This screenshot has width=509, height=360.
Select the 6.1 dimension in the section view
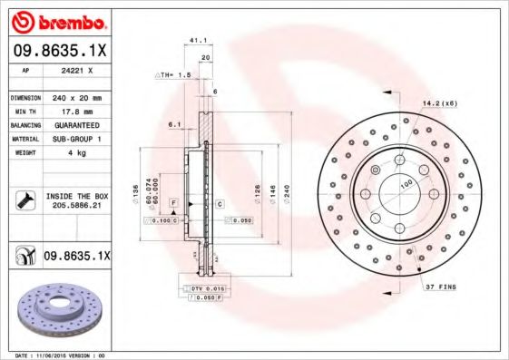pyautogui.click(x=174, y=125)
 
